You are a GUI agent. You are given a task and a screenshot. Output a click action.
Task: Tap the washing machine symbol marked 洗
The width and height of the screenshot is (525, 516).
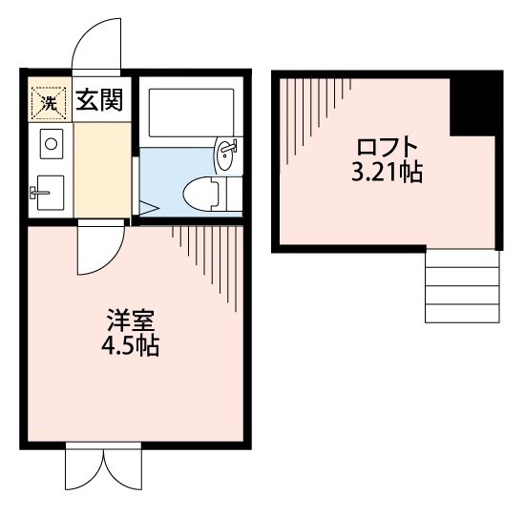(47, 100)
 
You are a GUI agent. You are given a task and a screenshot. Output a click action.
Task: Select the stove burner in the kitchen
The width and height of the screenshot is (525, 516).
(50, 146)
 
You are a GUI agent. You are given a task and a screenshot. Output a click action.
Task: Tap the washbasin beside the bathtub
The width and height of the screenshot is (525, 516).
(226, 155)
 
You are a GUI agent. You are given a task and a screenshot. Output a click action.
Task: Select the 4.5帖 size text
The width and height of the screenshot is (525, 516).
(131, 345)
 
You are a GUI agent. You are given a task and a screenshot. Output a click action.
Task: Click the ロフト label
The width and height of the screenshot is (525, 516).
(388, 148)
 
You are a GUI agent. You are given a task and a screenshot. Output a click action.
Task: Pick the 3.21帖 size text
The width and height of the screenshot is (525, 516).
(388, 174)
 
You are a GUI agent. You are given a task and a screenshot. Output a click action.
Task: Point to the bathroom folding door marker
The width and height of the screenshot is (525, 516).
(147, 205)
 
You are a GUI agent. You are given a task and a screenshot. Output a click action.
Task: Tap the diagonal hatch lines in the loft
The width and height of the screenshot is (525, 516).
(315, 124)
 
